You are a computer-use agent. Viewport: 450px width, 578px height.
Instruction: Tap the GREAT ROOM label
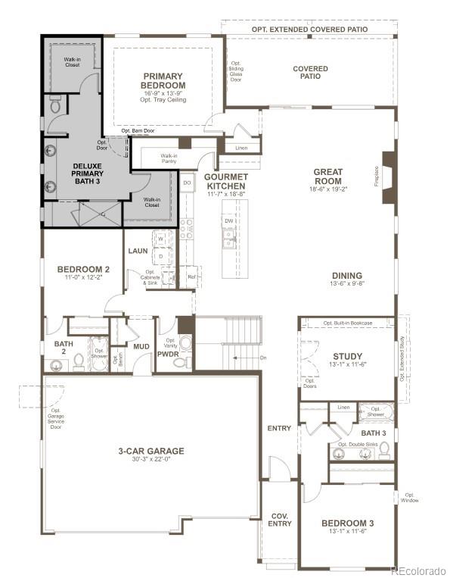(327, 177)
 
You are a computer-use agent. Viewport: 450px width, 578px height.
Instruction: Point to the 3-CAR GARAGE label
(151, 451)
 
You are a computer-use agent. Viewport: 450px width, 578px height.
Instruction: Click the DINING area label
(346, 276)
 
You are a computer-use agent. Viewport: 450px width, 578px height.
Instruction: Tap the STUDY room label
(347, 357)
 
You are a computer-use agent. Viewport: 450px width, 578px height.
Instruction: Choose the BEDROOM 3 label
(347, 523)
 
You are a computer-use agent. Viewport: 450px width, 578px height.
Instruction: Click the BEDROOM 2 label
(84, 269)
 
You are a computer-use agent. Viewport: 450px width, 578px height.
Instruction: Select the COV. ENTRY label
(280, 520)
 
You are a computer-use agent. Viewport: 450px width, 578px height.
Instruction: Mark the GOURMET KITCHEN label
(225, 181)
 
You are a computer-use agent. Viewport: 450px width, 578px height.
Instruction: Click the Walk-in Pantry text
(169, 158)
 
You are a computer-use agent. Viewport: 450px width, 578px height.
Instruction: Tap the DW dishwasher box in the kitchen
(228, 221)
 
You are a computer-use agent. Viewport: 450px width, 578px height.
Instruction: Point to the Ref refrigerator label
(191, 277)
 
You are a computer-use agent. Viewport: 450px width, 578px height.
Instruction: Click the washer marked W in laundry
(160, 239)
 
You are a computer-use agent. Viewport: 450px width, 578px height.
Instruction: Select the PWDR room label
(168, 353)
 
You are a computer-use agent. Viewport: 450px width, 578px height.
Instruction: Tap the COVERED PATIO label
(310, 72)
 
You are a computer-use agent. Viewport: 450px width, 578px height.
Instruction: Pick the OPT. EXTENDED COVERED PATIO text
(309, 29)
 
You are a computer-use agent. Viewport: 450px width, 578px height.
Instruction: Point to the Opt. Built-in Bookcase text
(348, 323)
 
